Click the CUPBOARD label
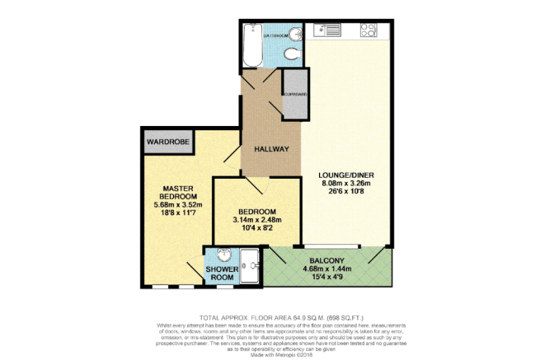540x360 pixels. (x=294, y=95)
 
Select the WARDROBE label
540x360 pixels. (x=167, y=142)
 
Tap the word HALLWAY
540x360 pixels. (x=270, y=149)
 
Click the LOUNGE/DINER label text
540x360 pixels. (x=345, y=174)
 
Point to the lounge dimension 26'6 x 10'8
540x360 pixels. (x=345, y=192)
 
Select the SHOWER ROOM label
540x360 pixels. (x=221, y=274)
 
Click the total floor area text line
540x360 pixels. (x=270, y=317)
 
